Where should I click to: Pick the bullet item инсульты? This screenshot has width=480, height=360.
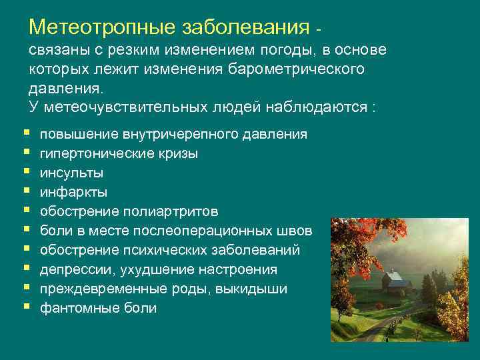pyautogui.click(x=71, y=173)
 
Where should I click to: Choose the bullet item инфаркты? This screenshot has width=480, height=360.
pyautogui.click(x=73, y=192)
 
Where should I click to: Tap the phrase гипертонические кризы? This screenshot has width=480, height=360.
pyautogui.click(x=119, y=153)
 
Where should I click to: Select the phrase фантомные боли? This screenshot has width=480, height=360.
pyautogui.click(x=99, y=308)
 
